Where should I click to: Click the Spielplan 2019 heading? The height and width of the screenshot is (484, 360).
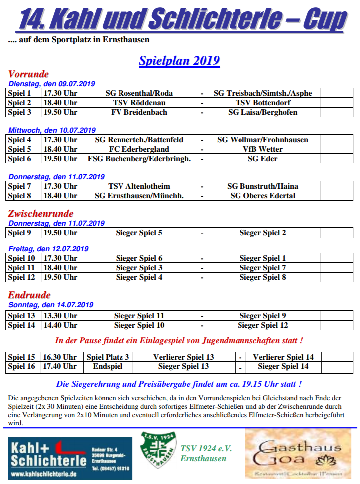point(179,61)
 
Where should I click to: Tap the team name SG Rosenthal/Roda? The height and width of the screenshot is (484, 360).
point(139,93)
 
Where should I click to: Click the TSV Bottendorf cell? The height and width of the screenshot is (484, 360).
point(263,103)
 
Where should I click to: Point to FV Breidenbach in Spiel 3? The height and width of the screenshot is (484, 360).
point(139,112)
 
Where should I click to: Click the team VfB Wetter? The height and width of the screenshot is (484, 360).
point(263,149)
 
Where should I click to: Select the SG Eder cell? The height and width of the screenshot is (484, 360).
point(263,159)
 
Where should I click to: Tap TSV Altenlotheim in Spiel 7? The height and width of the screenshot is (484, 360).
point(139,186)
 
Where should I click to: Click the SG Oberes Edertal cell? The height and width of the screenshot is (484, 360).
point(263,196)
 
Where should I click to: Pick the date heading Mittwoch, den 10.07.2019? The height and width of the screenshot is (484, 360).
point(52,130)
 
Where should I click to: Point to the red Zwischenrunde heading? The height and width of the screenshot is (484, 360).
point(41,214)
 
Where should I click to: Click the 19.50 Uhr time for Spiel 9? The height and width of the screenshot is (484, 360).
point(60,233)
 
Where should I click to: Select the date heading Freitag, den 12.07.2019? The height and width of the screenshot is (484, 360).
point(48,249)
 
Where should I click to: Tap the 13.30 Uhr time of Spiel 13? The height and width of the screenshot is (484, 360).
point(60,316)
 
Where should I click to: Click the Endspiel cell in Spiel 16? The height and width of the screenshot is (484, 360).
point(108,366)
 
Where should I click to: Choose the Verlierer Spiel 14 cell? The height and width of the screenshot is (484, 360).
point(283,357)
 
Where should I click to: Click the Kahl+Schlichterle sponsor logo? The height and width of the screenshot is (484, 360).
point(70,458)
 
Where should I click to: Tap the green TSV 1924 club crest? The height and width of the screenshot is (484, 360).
point(158,450)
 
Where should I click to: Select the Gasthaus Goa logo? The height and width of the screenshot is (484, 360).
point(298,454)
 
